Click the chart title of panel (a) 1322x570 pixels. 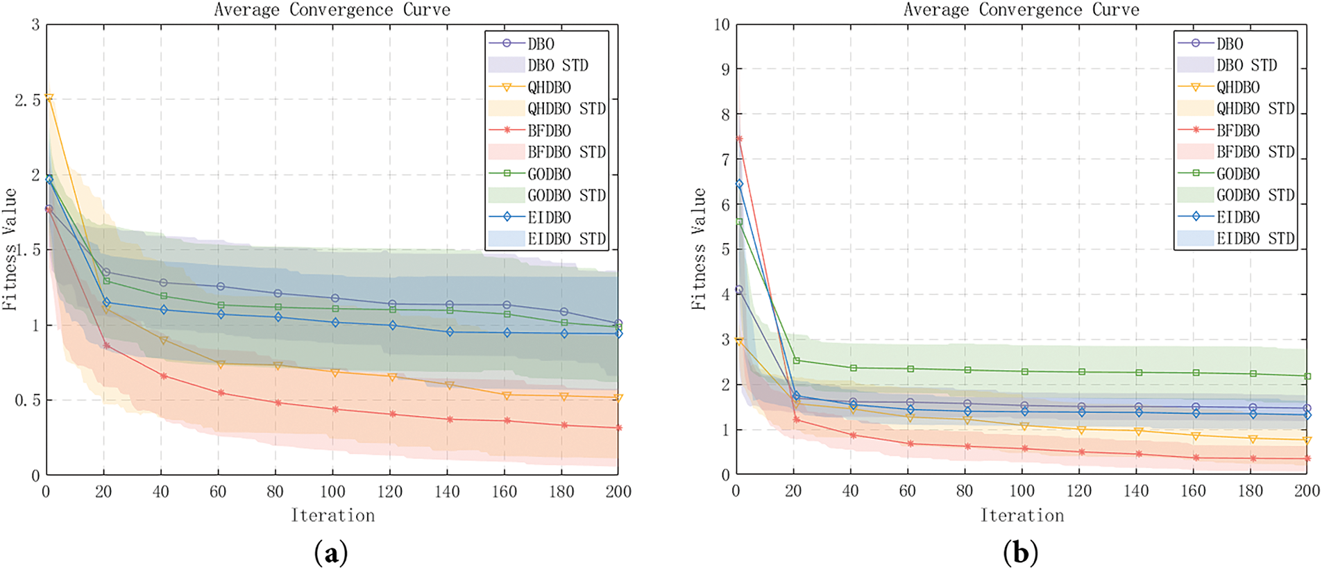332,10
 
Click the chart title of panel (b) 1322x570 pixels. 1021,10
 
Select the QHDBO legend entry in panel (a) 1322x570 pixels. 549,87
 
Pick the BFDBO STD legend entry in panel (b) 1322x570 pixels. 1255,152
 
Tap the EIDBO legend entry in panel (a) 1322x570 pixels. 549,217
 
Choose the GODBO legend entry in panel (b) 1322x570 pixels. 1238,174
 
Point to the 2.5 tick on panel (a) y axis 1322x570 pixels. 28,100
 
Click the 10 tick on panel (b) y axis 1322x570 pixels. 722,25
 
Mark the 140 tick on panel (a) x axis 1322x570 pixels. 447,492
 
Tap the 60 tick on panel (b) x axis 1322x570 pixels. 907,491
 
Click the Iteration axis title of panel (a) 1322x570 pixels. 332,515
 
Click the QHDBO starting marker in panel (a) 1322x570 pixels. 49,98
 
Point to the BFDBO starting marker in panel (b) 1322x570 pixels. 739,139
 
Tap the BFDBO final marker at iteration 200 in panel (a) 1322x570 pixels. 618,428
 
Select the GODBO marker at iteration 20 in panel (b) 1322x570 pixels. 797,360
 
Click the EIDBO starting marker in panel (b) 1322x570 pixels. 739,185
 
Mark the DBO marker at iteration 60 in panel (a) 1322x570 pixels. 221,286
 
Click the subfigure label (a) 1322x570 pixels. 331,554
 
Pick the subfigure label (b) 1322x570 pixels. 1020,554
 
